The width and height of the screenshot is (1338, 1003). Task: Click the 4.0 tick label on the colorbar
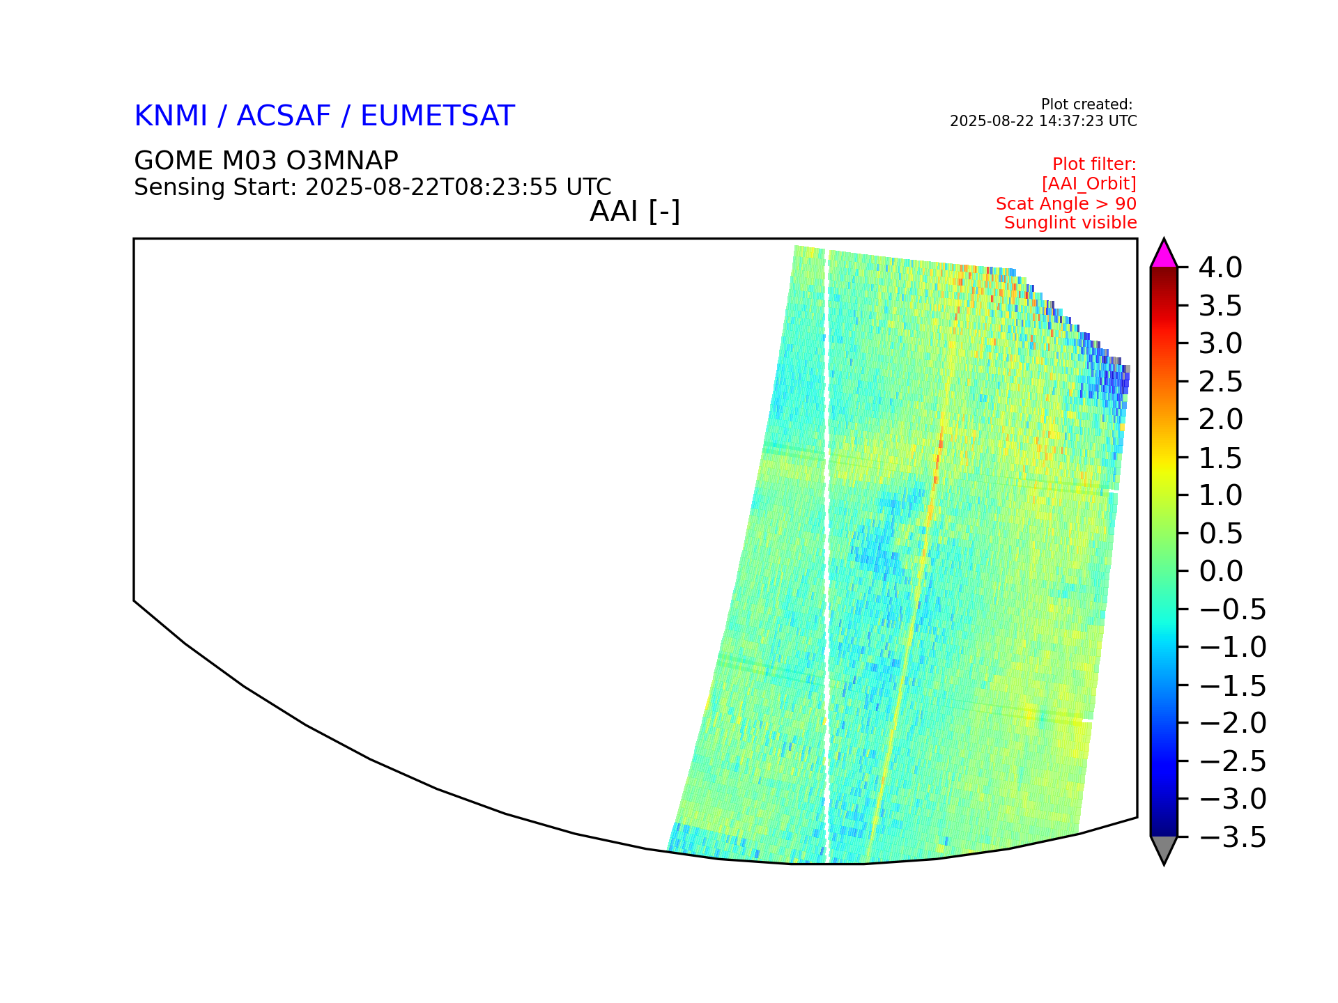[1220, 267]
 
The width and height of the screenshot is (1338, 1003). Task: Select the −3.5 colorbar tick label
[1232, 837]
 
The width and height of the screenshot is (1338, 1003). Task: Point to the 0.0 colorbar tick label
[1221, 571]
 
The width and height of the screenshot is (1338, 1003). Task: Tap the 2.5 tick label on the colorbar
[1221, 382]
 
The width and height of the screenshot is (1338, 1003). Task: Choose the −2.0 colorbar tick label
[1232, 723]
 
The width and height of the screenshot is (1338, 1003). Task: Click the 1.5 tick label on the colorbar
[1221, 458]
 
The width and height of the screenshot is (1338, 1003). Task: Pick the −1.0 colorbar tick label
[1232, 647]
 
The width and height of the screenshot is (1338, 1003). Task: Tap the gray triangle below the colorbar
[1164, 848]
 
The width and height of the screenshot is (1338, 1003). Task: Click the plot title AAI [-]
[635, 211]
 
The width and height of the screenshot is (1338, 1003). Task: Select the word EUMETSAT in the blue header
[438, 116]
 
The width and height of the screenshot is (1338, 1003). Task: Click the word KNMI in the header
[171, 116]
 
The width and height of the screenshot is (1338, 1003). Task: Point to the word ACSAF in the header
[284, 116]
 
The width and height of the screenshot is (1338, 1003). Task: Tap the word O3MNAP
[342, 161]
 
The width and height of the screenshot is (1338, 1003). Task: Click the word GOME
[174, 161]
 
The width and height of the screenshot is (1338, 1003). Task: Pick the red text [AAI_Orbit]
[1089, 184]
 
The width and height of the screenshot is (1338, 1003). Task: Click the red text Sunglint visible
[1070, 223]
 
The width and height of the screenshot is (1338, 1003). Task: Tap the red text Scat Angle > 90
[1066, 203]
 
